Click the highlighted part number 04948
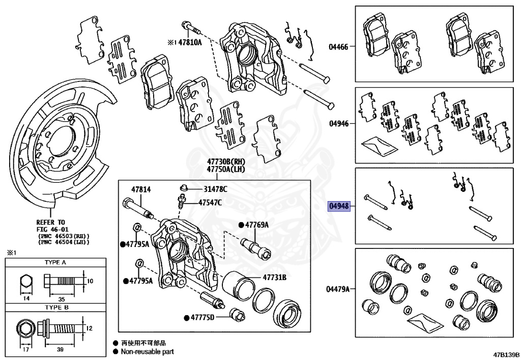[339, 206]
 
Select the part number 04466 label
[338, 47]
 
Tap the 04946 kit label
[338, 124]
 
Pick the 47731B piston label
[275, 278]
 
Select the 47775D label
[202, 318]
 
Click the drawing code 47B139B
[505, 353]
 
